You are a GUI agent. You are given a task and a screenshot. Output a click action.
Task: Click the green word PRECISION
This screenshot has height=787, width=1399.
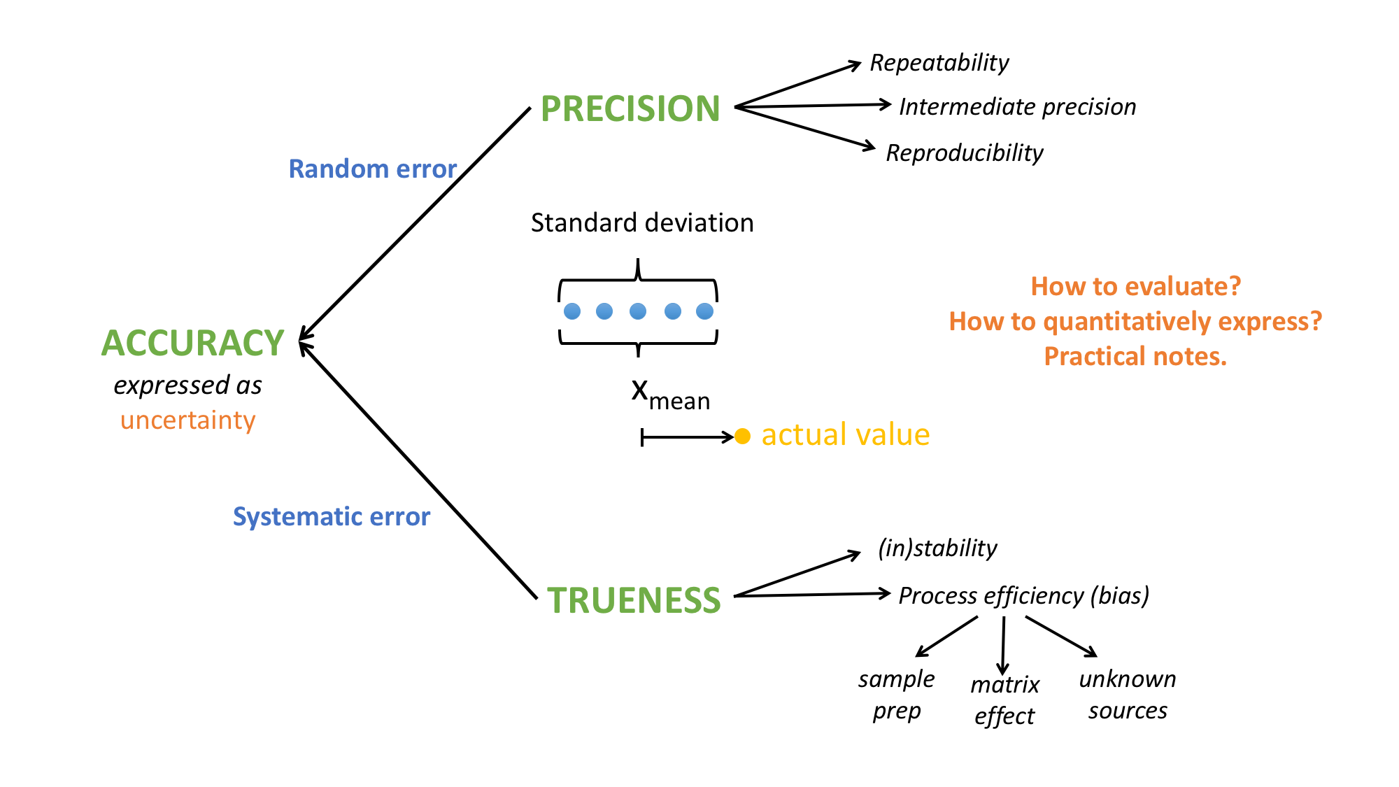click(630, 109)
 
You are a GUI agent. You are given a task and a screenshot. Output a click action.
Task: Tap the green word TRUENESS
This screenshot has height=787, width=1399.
click(633, 600)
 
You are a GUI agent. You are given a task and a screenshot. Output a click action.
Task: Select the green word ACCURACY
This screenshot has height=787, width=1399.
click(192, 343)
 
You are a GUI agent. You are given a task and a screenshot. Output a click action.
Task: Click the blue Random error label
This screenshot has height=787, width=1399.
click(372, 169)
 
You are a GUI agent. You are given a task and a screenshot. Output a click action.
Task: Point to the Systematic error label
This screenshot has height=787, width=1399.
click(331, 517)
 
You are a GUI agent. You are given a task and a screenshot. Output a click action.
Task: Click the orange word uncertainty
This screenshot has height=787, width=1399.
click(187, 420)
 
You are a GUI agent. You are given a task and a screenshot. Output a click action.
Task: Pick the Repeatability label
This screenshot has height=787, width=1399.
click(939, 63)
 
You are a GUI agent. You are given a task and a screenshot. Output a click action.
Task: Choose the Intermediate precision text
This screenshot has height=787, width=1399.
click(1017, 107)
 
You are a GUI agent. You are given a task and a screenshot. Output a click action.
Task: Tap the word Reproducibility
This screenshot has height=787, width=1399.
click(964, 153)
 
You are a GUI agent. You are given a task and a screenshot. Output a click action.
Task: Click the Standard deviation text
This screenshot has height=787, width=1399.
click(642, 223)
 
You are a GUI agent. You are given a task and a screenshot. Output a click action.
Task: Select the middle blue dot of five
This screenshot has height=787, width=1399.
click(638, 311)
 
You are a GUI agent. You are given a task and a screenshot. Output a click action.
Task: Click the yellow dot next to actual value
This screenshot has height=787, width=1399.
click(743, 437)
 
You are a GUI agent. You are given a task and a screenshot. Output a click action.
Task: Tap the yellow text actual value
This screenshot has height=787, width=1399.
click(845, 435)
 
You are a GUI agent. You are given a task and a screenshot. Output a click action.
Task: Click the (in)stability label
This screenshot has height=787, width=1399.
click(937, 548)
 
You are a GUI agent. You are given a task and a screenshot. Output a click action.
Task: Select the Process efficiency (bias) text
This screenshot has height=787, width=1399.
click(1023, 596)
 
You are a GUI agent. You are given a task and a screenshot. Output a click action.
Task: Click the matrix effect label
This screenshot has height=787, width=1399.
click(1004, 700)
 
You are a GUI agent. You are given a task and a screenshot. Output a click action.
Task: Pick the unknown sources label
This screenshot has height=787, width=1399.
click(1128, 695)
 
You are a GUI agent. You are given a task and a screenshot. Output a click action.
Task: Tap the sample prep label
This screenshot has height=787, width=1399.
click(896, 695)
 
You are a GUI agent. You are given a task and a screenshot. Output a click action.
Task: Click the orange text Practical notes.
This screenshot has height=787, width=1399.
click(1135, 357)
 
